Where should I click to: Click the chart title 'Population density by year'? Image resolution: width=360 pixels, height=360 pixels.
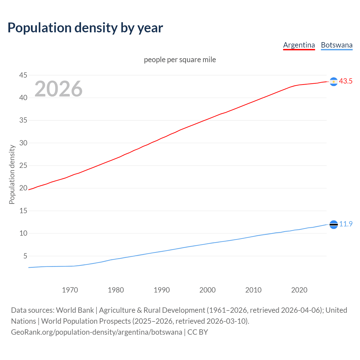pos(85,28)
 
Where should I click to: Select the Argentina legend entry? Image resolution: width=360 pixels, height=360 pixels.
pos(299,45)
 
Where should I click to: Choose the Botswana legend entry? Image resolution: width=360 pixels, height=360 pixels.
pos(336,45)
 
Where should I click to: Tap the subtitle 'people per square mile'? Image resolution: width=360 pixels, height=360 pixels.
pos(180,60)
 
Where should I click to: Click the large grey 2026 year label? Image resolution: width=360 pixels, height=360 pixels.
pos(58,89)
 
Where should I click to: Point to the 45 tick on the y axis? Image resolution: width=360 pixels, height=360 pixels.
pos(23,75)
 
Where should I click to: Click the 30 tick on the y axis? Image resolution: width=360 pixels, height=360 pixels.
pos(23,143)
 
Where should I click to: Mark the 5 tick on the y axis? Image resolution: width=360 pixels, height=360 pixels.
pos(25,256)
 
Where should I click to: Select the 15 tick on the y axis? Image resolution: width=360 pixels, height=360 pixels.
pos(23,211)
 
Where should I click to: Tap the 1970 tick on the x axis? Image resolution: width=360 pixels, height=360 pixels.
pos(70,290)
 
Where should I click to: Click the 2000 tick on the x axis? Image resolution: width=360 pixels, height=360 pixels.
pos(207,290)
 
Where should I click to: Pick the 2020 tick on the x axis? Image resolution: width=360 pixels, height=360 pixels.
pos(299,290)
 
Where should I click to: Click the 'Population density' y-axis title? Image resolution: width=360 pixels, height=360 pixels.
pos(12,174)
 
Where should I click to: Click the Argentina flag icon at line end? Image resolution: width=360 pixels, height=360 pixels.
pos(334,82)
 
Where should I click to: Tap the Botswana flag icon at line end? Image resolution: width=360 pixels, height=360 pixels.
pos(334,224)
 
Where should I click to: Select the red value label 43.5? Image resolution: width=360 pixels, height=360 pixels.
pos(346,81)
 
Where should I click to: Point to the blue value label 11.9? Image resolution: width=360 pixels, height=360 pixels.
pos(346,224)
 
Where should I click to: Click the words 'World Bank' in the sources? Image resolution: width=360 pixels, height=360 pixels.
pos(75,310)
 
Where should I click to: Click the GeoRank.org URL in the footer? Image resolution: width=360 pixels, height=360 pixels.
pos(96,332)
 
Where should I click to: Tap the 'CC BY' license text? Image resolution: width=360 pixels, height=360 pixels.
pos(198,332)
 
